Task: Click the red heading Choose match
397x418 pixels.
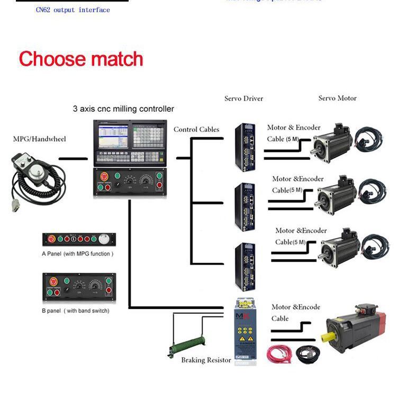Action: click(x=81, y=59)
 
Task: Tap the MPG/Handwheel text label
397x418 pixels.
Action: click(x=40, y=139)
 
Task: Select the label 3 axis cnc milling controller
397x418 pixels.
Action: click(x=123, y=109)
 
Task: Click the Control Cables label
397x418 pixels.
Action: click(x=196, y=130)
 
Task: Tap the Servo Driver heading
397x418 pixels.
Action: click(x=243, y=98)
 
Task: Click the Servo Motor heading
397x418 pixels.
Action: click(x=337, y=98)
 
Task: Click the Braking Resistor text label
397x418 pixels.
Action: click(x=206, y=360)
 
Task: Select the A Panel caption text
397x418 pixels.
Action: click(x=78, y=254)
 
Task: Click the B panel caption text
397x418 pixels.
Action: click(x=76, y=311)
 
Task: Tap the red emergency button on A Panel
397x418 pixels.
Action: click(x=51, y=239)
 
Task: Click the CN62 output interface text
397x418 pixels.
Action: click(x=73, y=10)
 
